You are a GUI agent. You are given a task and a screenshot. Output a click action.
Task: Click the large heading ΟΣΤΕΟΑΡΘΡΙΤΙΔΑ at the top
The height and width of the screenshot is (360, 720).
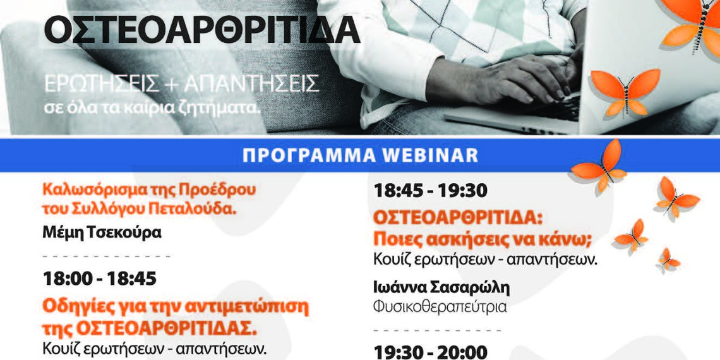point(201,30)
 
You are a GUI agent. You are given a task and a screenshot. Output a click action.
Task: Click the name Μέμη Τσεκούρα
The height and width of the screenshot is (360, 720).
point(102,232)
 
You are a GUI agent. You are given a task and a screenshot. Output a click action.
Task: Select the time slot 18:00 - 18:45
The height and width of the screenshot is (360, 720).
point(100,279)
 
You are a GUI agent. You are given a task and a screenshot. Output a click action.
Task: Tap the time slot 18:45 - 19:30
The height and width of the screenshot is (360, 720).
point(430,190)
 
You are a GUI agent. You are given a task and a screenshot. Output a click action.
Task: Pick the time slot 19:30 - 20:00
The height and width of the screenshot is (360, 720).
point(430,352)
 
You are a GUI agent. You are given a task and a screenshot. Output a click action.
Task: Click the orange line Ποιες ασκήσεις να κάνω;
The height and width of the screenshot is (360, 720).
point(483,239)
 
